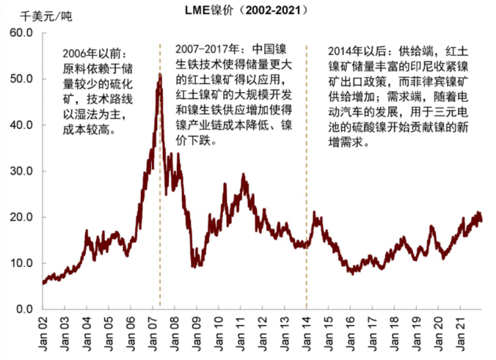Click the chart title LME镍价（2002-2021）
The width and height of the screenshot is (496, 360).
click(246, 10)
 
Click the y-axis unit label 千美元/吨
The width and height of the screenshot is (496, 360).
click(46, 16)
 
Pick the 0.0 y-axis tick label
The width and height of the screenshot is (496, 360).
click(25, 309)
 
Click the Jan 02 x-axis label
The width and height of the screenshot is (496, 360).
click(43, 334)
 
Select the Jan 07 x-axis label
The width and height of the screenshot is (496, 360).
click(153, 334)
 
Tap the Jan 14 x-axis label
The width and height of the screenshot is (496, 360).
click(307, 334)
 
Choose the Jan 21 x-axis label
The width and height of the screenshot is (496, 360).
click(461, 334)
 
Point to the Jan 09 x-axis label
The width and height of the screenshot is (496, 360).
click(197, 334)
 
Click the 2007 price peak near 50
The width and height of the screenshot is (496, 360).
click(160, 74)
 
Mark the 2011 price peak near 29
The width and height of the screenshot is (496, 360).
click(244, 175)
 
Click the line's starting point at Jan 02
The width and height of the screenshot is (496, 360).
click(43, 282)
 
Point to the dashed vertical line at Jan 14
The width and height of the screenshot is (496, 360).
click(307, 177)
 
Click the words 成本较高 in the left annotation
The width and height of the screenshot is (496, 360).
click(85, 130)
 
